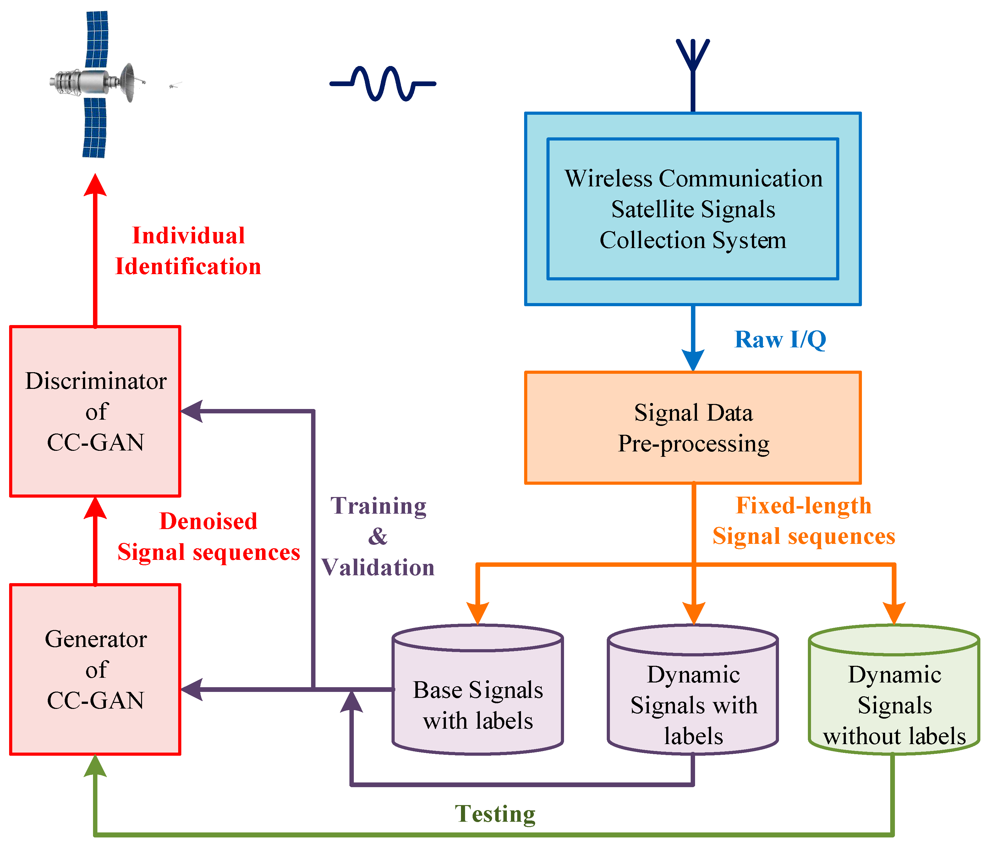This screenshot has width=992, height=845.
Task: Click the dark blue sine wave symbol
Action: (382, 83)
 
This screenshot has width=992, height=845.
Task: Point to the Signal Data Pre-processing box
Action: (693, 428)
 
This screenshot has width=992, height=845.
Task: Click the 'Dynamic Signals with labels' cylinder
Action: (693, 695)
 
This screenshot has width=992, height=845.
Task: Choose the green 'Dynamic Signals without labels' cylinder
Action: (894, 695)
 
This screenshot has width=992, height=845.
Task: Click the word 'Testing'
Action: (495, 814)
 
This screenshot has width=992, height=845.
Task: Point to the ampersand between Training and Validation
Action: (378, 537)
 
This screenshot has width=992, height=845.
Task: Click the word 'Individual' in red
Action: (189, 236)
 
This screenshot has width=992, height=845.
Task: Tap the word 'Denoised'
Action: (208, 521)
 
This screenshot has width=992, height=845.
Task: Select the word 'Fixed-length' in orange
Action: (803, 505)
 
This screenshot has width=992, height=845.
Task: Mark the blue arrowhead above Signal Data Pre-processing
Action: (693, 360)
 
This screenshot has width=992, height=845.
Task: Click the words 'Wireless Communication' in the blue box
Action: (693, 179)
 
